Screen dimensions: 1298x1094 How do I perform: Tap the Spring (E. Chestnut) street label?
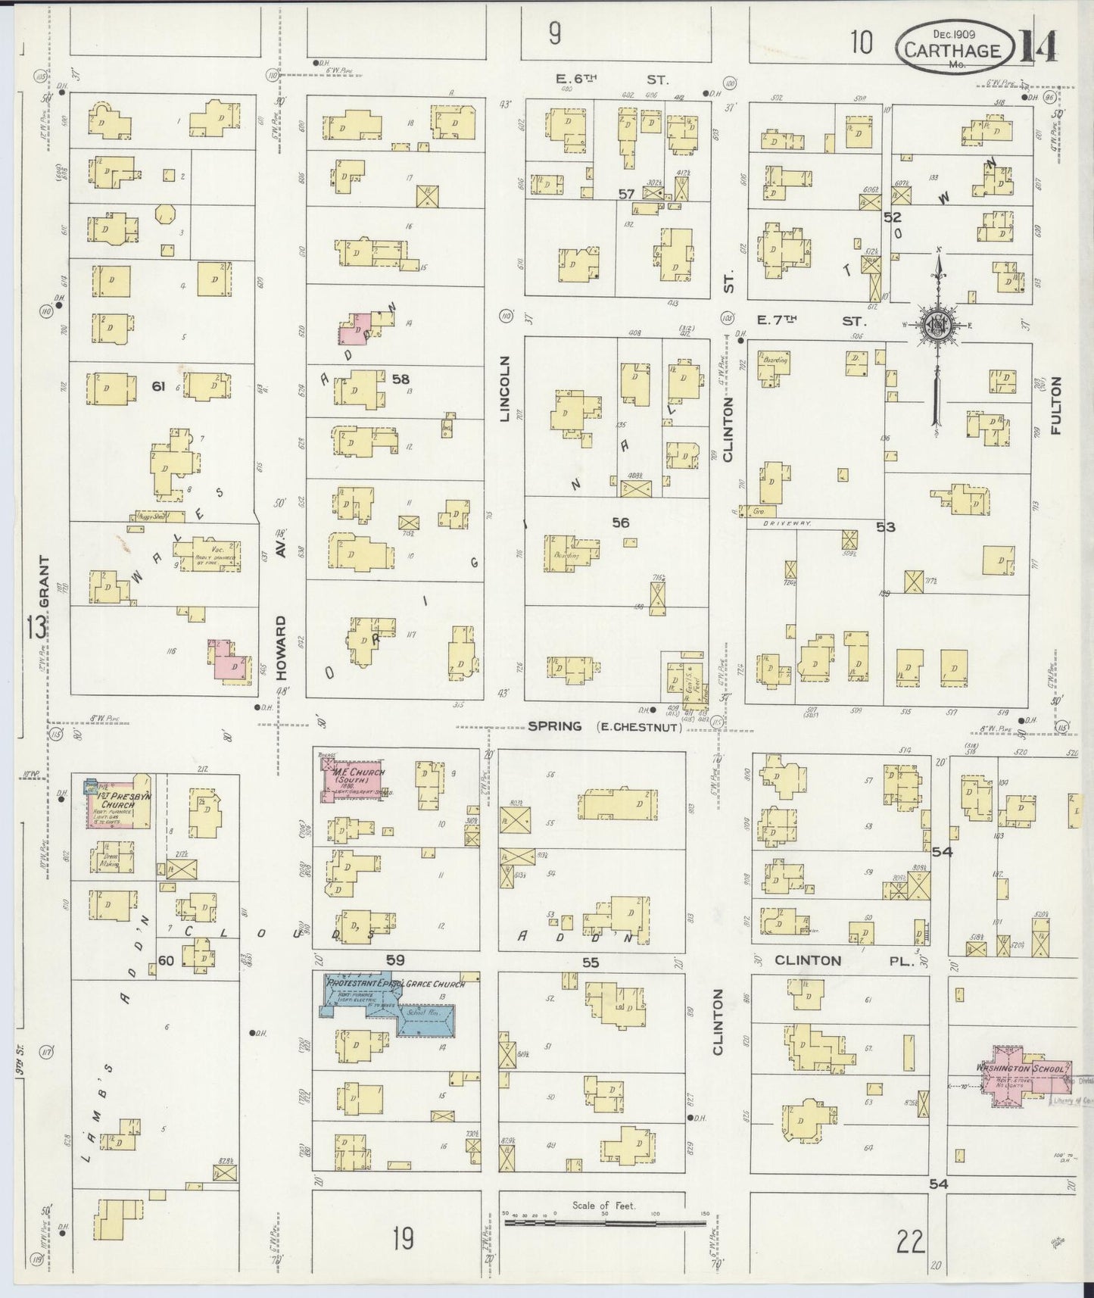click(604, 727)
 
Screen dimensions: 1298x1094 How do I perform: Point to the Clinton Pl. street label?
click(846, 960)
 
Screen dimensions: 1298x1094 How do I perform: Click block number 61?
click(157, 386)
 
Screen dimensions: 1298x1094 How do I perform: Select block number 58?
click(401, 379)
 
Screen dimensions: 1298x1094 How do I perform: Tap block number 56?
click(621, 523)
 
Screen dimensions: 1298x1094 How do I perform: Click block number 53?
click(886, 526)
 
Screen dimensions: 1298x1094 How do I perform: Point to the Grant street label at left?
click(44, 581)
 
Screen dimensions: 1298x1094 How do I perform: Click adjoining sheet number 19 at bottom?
click(402, 1239)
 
